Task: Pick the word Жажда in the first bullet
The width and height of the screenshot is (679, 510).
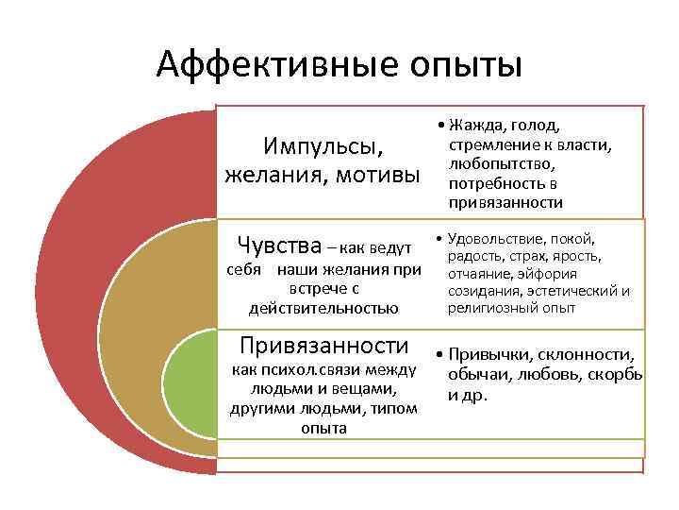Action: click(477, 126)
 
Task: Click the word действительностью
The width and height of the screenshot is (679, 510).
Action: click(323, 308)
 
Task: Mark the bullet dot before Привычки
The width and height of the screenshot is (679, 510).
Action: click(440, 354)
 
